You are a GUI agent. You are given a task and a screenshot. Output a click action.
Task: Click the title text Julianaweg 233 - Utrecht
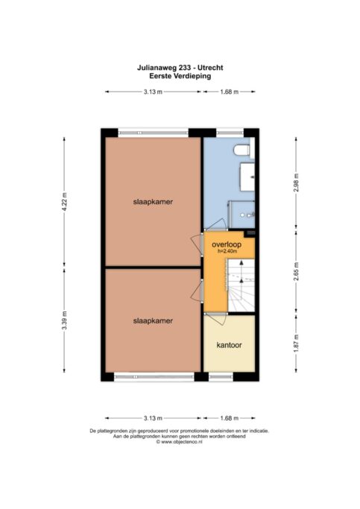coord(180,68)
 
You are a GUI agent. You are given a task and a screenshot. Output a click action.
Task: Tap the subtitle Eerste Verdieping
coord(180,76)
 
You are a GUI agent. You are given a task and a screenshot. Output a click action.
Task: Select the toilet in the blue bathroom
coord(241,150)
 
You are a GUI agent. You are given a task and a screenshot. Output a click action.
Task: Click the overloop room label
coord(227,244)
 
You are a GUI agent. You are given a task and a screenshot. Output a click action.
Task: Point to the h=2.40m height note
coord(227,251)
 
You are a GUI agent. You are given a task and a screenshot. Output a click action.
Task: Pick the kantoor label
coord(229,345)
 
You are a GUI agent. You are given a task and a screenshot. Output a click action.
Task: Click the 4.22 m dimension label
coord(64,201)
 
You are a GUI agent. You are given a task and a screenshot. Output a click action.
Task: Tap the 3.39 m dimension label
coord(64,320)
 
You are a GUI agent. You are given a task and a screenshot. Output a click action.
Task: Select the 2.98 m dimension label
coord(296,183)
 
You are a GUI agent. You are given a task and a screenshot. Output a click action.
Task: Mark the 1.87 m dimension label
coord(296,343)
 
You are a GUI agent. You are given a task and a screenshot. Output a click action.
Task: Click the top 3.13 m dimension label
coord(153,92)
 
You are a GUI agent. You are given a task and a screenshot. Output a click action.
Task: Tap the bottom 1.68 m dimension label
coord(229,418)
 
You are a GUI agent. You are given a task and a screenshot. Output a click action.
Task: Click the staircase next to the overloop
coord(241,285)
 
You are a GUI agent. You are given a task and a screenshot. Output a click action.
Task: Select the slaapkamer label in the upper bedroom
coord(153,201)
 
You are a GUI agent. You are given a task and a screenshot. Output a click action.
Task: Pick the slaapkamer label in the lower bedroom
coord(153,320)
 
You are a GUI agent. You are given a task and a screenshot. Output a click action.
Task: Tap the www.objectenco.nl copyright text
coord(180,442)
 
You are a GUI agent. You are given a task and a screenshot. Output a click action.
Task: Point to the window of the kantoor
coord(221,377)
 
